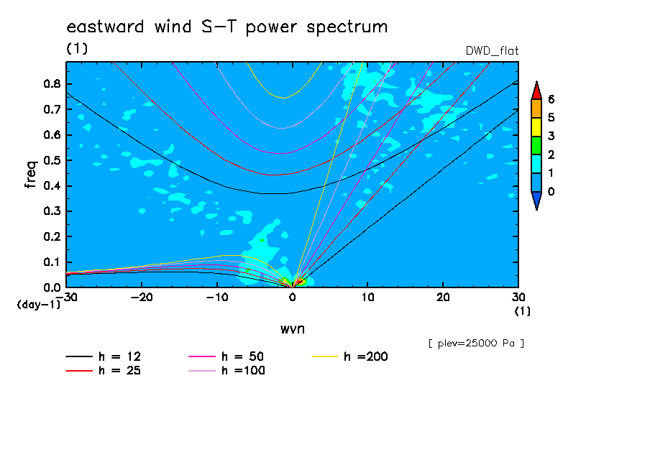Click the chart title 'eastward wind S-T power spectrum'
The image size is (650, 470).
[227, 27]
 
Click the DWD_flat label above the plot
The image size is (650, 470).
[492, 51]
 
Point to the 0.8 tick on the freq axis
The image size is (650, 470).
[52, 83]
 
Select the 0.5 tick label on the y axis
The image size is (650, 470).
[52, 160]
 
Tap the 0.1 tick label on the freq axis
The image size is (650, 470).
[52, 262]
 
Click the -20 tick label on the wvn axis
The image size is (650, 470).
[142, 298]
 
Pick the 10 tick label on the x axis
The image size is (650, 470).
[367, 298]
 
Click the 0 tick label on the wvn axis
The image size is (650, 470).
[293, 298]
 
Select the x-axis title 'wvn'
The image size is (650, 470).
[293, 329]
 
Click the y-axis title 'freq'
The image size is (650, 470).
[31, 175]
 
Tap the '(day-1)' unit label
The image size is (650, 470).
[39, 305]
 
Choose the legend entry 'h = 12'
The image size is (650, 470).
[104, 356]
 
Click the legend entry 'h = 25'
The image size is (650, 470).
[104, 371]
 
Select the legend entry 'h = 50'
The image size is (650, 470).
[226, 356]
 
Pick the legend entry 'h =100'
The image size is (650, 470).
[226, 371]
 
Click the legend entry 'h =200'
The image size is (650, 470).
[349, 356]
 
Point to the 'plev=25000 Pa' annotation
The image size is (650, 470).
[476, 344]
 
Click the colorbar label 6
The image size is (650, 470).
[551, 99]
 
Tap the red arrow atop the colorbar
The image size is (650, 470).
[536, 91]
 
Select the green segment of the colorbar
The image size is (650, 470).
[536, 145]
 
